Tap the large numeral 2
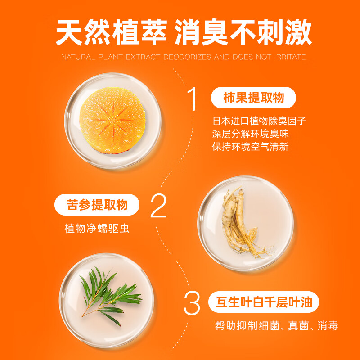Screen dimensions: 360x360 pyautogui.click(x=158, y=206)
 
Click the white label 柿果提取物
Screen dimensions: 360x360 pyautogui.click(x=253, y=98)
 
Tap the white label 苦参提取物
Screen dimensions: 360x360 pyautogui.click(x=97, y=205)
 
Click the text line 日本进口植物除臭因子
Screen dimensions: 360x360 pyautogui.click(x=260, y=121)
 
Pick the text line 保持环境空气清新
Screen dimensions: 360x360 pyautogui.click(x=250, y=147)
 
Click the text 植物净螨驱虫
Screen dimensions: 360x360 pyautogui.click(x=97, y=228)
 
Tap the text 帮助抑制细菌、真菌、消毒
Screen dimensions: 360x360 pyautogui.click(x=276, y=326)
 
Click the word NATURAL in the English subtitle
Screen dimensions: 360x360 pyautogui.click(x=77, y=58)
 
